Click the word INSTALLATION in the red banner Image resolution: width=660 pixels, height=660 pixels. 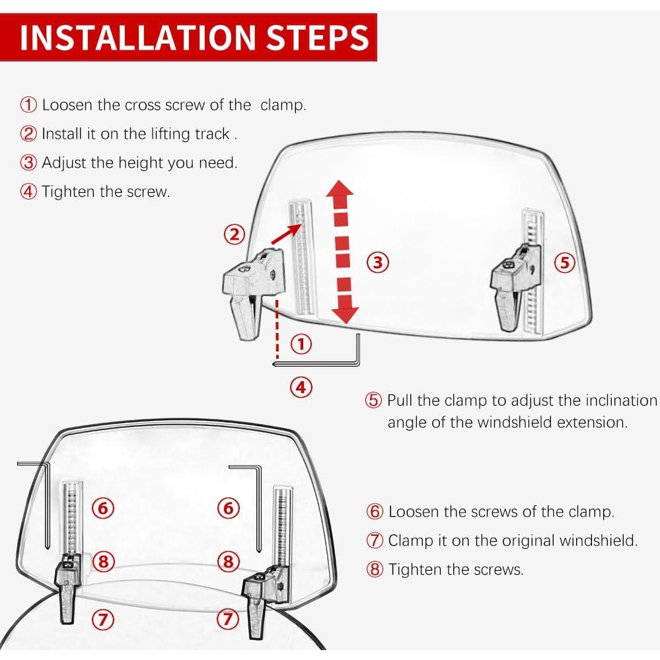[x=137, y=38]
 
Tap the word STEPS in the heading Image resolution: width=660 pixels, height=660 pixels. [x=318, y=38]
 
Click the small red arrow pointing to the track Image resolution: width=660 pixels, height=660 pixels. [x=287, y=234]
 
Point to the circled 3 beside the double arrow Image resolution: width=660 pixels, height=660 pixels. [x=377, y=262]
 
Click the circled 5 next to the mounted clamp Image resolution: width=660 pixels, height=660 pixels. [x=564, y=262]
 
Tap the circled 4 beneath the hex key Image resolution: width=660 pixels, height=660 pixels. [x=301, y=387]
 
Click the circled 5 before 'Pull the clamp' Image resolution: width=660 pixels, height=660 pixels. [x=373, y=400]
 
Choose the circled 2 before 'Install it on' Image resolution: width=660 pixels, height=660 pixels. [x=28, y=134]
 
